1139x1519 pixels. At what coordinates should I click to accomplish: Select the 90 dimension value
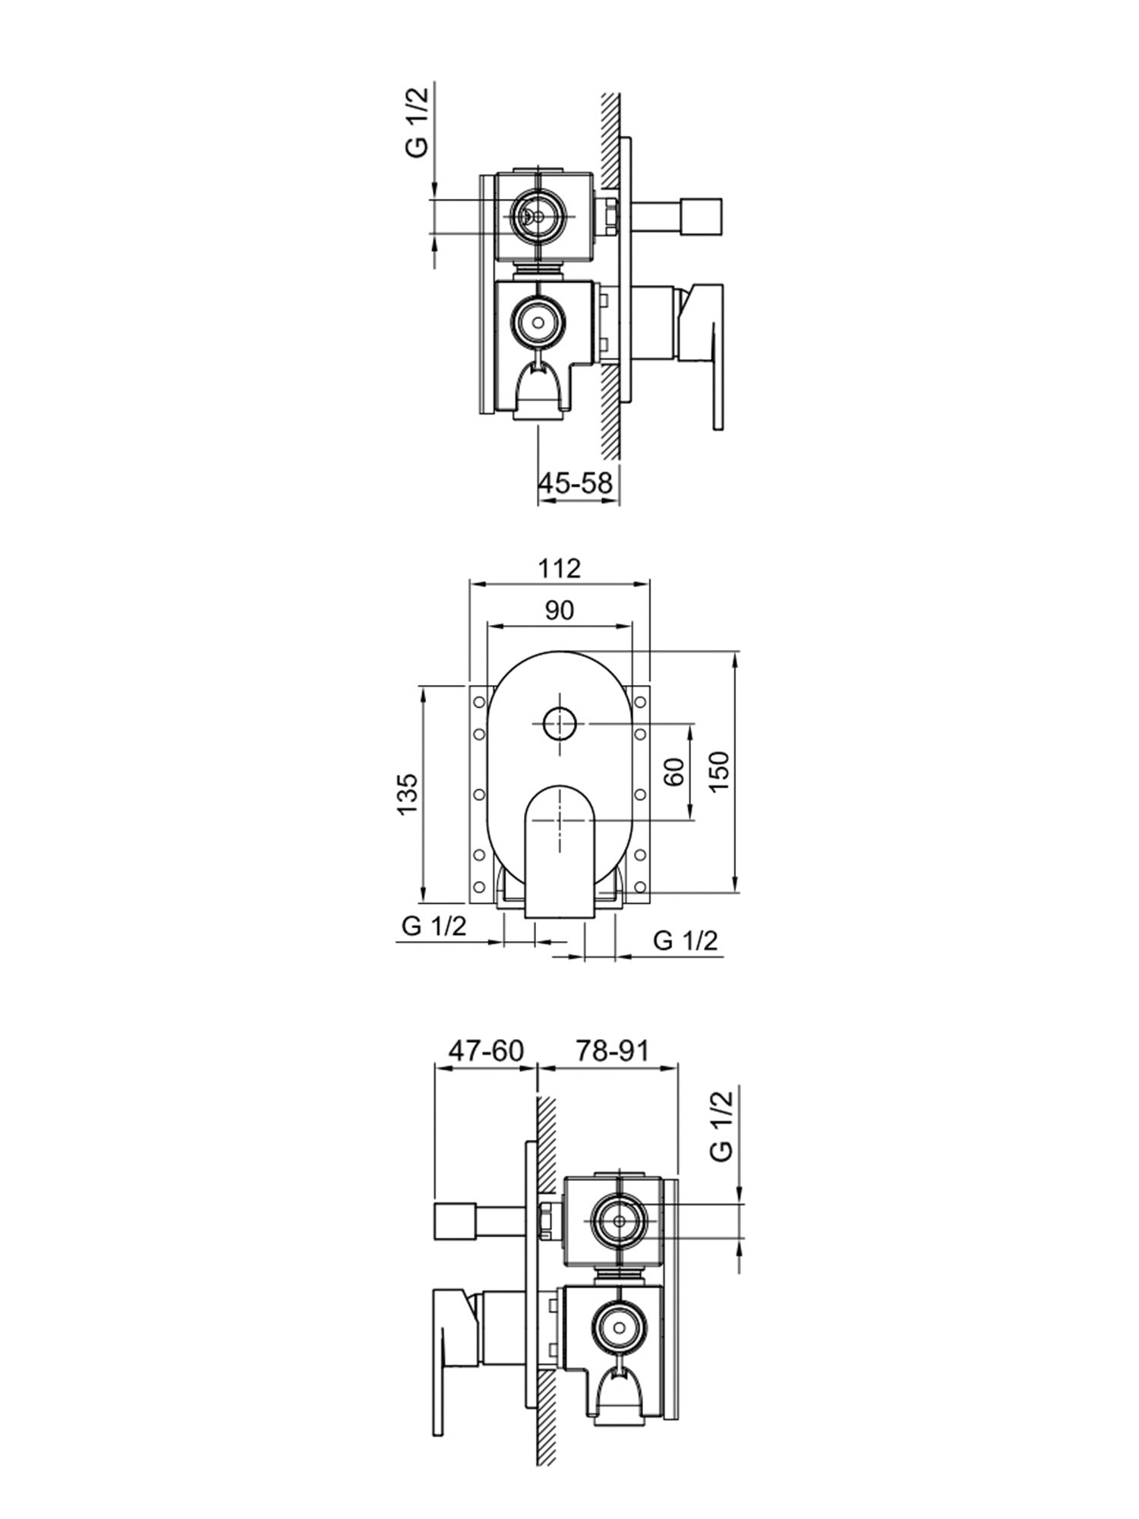(560, 610)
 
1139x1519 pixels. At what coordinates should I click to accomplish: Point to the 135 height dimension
(407, 794)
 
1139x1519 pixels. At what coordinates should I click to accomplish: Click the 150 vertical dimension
(720, 771)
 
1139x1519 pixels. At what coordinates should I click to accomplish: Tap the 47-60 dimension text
(486, 1050)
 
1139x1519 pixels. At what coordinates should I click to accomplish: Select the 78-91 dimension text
(612, 1050)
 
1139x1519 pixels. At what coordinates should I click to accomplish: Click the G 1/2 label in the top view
(417, 122)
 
